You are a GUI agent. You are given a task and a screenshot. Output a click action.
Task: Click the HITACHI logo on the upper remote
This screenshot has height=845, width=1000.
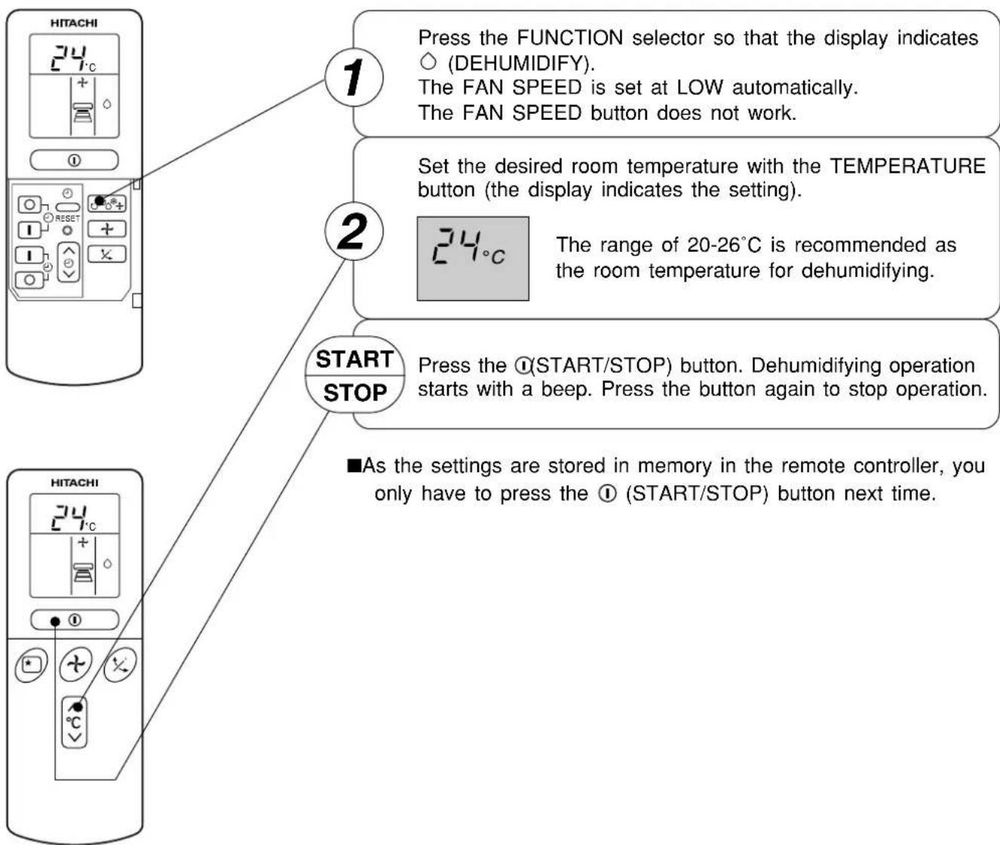tap(74, 23)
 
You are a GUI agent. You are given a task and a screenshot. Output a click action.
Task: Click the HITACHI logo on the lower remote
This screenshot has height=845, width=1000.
tap(74, 483)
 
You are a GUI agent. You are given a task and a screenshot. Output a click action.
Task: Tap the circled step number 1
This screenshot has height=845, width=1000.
tap(354, 78)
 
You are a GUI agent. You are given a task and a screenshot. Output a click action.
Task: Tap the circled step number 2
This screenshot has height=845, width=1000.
tap(354, 232)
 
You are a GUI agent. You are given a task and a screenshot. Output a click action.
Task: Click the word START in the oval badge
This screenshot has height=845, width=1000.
tap(354, 359)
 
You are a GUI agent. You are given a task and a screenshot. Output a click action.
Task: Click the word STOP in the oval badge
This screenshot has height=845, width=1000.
tap(355, 393)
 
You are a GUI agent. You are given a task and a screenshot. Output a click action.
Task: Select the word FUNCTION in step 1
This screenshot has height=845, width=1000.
tap(570, 38)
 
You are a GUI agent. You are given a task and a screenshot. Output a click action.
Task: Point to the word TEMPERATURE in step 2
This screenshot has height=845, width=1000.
tap(907, 166)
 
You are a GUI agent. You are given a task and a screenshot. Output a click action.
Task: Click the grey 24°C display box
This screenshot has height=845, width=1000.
tap(473, 259)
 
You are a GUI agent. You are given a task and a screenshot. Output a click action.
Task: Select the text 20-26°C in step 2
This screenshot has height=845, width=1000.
tap(724, 245)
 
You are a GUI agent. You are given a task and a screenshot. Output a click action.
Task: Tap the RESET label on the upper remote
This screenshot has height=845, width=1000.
tap(68, 219)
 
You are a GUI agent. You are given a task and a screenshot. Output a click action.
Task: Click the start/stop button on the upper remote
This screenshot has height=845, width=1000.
tap(74, 161)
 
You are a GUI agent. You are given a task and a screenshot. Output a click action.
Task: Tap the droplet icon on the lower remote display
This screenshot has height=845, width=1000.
tap(108, 564)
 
